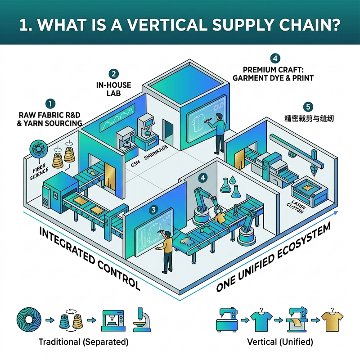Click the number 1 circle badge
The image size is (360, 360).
pyautogui.click(x=50, y=103)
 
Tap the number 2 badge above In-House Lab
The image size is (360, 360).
pyautogui.click(x=114, y=74)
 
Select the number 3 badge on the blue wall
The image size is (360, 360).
pyautogui.click(x=153, y=210)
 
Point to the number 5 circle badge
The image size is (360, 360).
pyautogui.click(x=308, y=107)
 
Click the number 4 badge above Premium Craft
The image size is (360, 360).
pyautogui.click(x=275, y=58)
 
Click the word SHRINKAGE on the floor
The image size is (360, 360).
pyautogui.click(x=156, y=152)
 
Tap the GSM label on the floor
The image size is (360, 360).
pyautogui.click(x=135, y=164)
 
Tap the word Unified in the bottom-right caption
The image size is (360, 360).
pyautogui.click(x=297, y=342)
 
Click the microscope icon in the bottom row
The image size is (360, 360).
pyautogui.click(x=142, y=319)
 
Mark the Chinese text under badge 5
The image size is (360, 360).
pyautogui.click(x=309, y=118)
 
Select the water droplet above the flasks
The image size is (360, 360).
pyautogui.click(x=233, y=180)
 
